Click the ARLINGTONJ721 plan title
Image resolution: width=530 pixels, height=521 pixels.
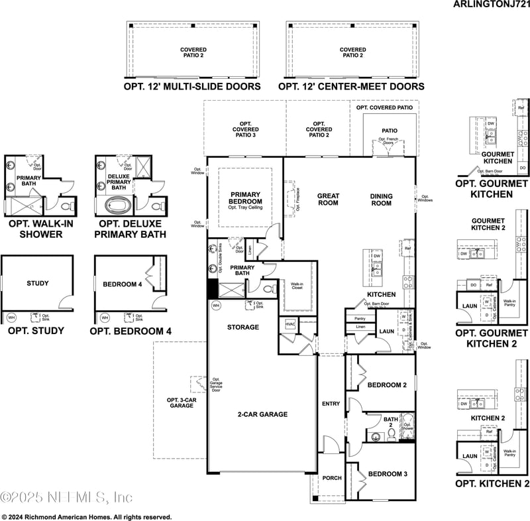pos(491,4)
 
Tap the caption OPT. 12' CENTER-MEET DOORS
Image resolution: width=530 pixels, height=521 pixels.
pos(351,87)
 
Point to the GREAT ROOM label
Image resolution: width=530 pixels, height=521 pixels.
pos(328,200)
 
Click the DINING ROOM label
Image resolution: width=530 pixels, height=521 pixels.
pos(381,200)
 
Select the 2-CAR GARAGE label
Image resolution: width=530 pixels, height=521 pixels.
pos(263,414)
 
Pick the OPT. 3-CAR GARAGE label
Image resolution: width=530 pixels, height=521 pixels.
pos(180,402)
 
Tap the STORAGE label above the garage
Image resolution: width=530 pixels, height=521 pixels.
pos(243,327)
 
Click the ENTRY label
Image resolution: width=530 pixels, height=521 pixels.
pos(331,404)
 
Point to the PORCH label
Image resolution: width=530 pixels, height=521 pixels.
pos(331,478)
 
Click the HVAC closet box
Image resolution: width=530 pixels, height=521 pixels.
pos(290,324)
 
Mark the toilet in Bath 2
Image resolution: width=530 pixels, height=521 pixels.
pos(391,434)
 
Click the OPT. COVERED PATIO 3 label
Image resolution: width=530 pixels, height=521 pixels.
pos(245,130)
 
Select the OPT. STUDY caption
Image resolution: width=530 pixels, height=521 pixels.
pos(38,331)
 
